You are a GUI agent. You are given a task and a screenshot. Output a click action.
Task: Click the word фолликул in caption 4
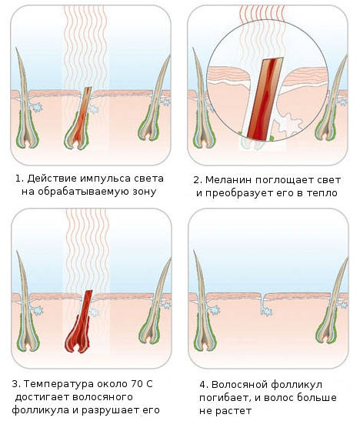[296, 385]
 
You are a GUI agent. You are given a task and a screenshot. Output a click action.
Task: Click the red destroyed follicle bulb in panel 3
[78, 334]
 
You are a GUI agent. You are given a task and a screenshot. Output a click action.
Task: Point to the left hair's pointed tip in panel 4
[194, 251]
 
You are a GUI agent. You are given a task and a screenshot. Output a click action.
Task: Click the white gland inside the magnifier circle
[288, 123]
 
